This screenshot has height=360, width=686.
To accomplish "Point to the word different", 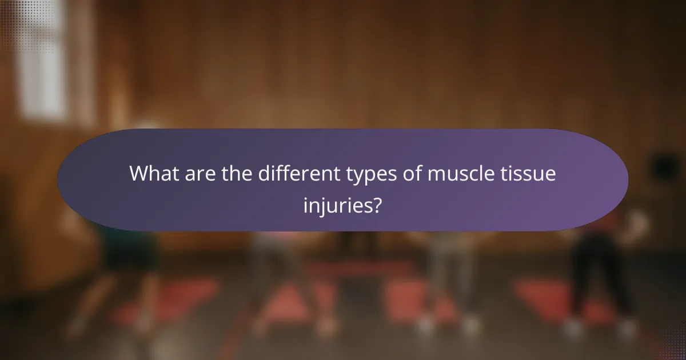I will click(296, 174).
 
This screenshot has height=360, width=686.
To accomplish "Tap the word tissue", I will click(527, 174).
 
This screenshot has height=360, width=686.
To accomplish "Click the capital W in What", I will click(139, 174).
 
